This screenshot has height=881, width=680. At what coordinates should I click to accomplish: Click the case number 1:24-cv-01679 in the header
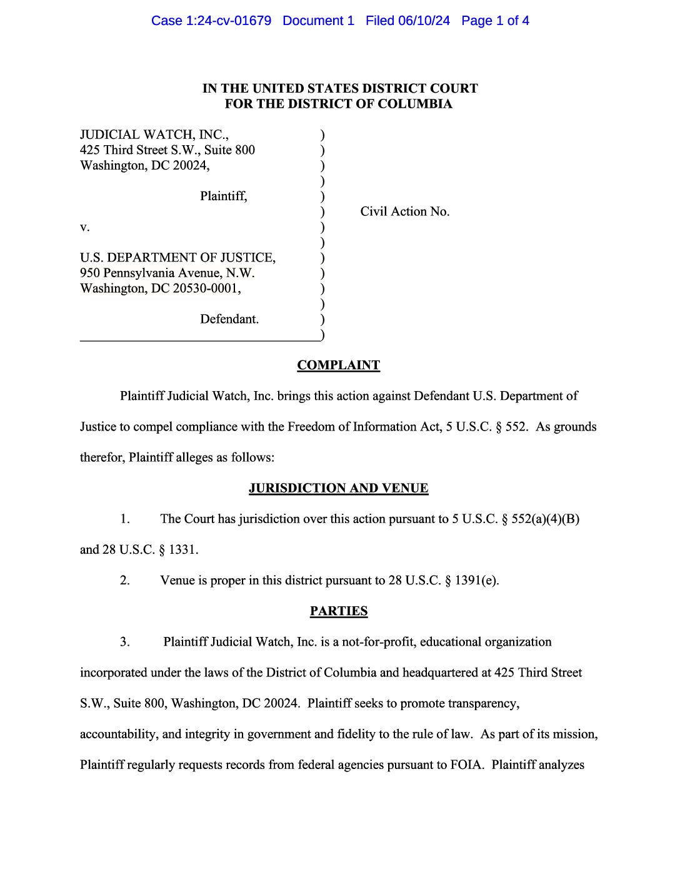229,21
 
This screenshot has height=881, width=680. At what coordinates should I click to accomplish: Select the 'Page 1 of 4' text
495,21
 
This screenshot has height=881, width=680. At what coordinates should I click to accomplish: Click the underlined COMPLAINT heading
338,365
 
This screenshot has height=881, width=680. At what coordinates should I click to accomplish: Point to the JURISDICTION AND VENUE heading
338,488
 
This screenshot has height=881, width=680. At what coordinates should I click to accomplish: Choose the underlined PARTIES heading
339,611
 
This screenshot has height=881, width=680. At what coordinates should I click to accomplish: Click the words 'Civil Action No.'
404,211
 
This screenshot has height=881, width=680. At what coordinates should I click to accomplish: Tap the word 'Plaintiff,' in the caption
224,196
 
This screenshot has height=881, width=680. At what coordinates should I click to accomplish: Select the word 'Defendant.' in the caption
229,319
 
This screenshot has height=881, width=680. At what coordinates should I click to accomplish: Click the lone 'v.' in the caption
85,227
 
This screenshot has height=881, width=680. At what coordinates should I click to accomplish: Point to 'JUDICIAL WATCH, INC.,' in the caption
154,135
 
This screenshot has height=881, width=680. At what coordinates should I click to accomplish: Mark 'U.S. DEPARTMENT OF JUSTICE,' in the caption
177,258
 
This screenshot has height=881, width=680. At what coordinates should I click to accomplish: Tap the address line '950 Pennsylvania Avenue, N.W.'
167,273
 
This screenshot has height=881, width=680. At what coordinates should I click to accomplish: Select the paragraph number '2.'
125,581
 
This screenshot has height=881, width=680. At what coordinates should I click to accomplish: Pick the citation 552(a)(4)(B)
545,519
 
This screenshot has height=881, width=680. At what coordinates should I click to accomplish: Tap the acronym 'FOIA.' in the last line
467,765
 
